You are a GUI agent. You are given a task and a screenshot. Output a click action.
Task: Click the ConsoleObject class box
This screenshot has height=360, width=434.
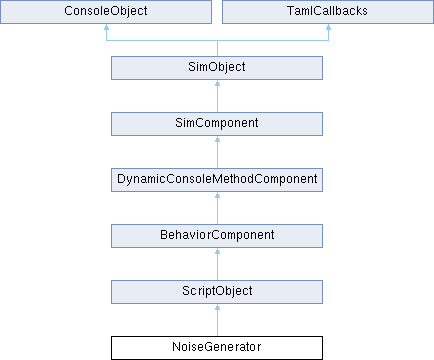click(x=106, y=12)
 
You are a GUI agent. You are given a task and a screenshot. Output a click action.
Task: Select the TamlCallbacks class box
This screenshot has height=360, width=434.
click(x=328, y=12)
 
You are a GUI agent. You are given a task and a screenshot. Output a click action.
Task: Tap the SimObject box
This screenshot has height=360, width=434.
click(x=217, y=68)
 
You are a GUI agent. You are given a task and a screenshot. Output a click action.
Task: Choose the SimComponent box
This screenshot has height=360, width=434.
click(x=217, y=124)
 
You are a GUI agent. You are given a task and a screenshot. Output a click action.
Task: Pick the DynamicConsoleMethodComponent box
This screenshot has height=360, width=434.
click(x=217, y=180)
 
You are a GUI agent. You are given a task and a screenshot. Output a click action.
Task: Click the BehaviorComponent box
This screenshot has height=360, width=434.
click(x=217, y=236)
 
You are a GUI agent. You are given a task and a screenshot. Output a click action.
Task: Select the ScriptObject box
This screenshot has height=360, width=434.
click(x=217, y=292)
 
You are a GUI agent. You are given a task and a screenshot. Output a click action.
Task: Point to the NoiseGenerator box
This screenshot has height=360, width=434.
click(x=217, y=348)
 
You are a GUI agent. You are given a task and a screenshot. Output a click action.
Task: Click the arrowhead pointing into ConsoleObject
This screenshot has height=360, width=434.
click(x=106, y=27)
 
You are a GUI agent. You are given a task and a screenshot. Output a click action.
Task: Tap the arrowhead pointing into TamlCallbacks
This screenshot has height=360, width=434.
click(x=328, y=27)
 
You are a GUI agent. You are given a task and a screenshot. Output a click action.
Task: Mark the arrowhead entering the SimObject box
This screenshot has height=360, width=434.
click(x=217, y=83)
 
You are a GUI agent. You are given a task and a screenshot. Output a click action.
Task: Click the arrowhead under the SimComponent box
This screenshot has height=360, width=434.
click(x=217, y=139)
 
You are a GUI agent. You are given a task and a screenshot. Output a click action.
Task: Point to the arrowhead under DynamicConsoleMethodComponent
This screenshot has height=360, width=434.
click(x=217, y=195)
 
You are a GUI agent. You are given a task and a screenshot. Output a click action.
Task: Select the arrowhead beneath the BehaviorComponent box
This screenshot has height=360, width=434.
click(x=217, y=251)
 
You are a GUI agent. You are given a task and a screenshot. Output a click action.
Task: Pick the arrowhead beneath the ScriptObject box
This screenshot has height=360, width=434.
click(x=217, y=307)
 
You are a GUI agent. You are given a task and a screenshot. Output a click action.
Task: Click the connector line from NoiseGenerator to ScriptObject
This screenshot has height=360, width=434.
click(x=217, y=320)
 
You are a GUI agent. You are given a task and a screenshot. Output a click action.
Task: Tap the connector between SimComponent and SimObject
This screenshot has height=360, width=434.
click(x=217, y=96)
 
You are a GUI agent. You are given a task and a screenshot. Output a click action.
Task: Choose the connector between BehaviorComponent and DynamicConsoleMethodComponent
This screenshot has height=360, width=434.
click(x=217, y=208)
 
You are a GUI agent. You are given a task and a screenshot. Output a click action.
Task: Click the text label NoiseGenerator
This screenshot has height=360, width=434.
click(x=217, y=347)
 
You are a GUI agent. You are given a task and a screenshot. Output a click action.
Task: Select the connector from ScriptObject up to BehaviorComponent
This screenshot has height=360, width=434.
click(x=217, y=264)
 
